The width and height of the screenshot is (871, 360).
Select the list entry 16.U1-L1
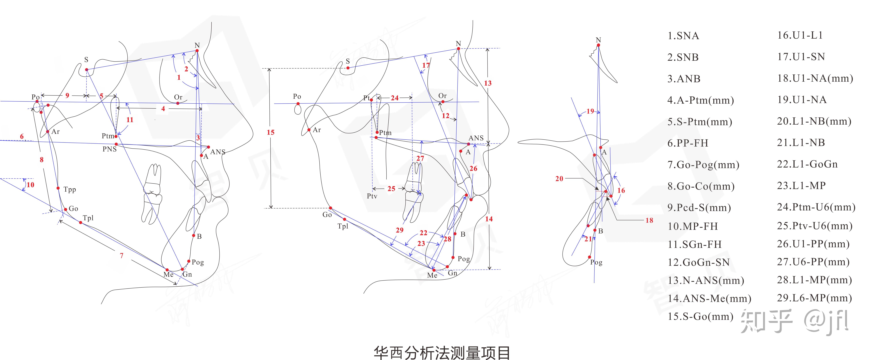[x=800, y=35]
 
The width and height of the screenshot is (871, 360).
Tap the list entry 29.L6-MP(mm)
[x=814, y=298]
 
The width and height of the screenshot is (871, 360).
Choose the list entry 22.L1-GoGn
[x=807, y=164]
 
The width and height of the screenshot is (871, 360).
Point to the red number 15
[x=270, y=132]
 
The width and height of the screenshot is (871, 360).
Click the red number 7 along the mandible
[x=121, y=256]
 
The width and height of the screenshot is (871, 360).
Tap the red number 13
[x=488, y=83]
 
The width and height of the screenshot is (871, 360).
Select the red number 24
[x=395, y=98]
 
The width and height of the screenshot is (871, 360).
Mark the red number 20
[x=559, y=178]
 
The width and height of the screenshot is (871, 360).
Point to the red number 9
[x=67, y=96]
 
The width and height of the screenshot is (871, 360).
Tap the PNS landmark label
[x=110, y=149]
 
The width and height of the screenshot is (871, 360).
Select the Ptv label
[x=372, y=196]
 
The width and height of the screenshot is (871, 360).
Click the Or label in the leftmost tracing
[x=178, y=97]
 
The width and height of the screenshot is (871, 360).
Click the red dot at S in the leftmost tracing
[x=87, y=70]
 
